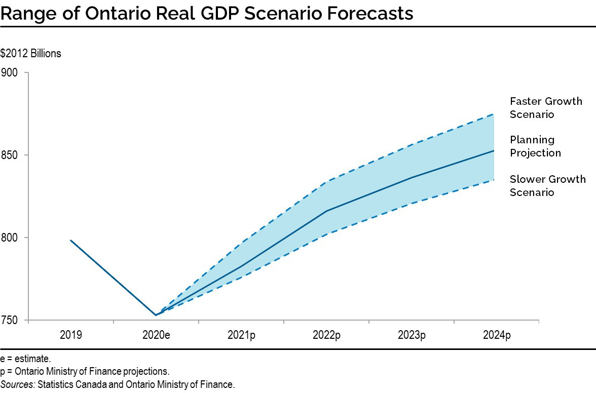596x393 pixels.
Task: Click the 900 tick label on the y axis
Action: (9, 72)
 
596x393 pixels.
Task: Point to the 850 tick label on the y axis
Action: (9, 155)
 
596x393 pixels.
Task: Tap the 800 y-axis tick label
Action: (9, 238)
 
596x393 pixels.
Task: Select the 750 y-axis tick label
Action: (9, 320)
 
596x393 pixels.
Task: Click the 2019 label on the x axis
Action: (70, 335)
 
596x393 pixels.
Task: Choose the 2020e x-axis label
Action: (156, 335)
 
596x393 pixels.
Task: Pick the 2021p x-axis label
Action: (241, 335)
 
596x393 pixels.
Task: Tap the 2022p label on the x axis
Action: (326, 335)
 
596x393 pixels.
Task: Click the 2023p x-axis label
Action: (411, 335)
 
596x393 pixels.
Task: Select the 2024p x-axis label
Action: (496, 335)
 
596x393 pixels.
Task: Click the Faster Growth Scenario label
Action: (546, 107)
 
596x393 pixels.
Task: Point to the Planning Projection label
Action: (535, 146)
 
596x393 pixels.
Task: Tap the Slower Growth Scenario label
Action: (547, 185)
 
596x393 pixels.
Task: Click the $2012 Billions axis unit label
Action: (30, 53)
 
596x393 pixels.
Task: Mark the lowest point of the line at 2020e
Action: (156, 315)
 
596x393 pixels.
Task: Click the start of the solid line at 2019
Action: (70, 240)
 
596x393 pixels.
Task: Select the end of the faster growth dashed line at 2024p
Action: (494, 114)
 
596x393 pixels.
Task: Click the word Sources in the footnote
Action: (18, 384)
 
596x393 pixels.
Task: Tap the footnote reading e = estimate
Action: (25, 359)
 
